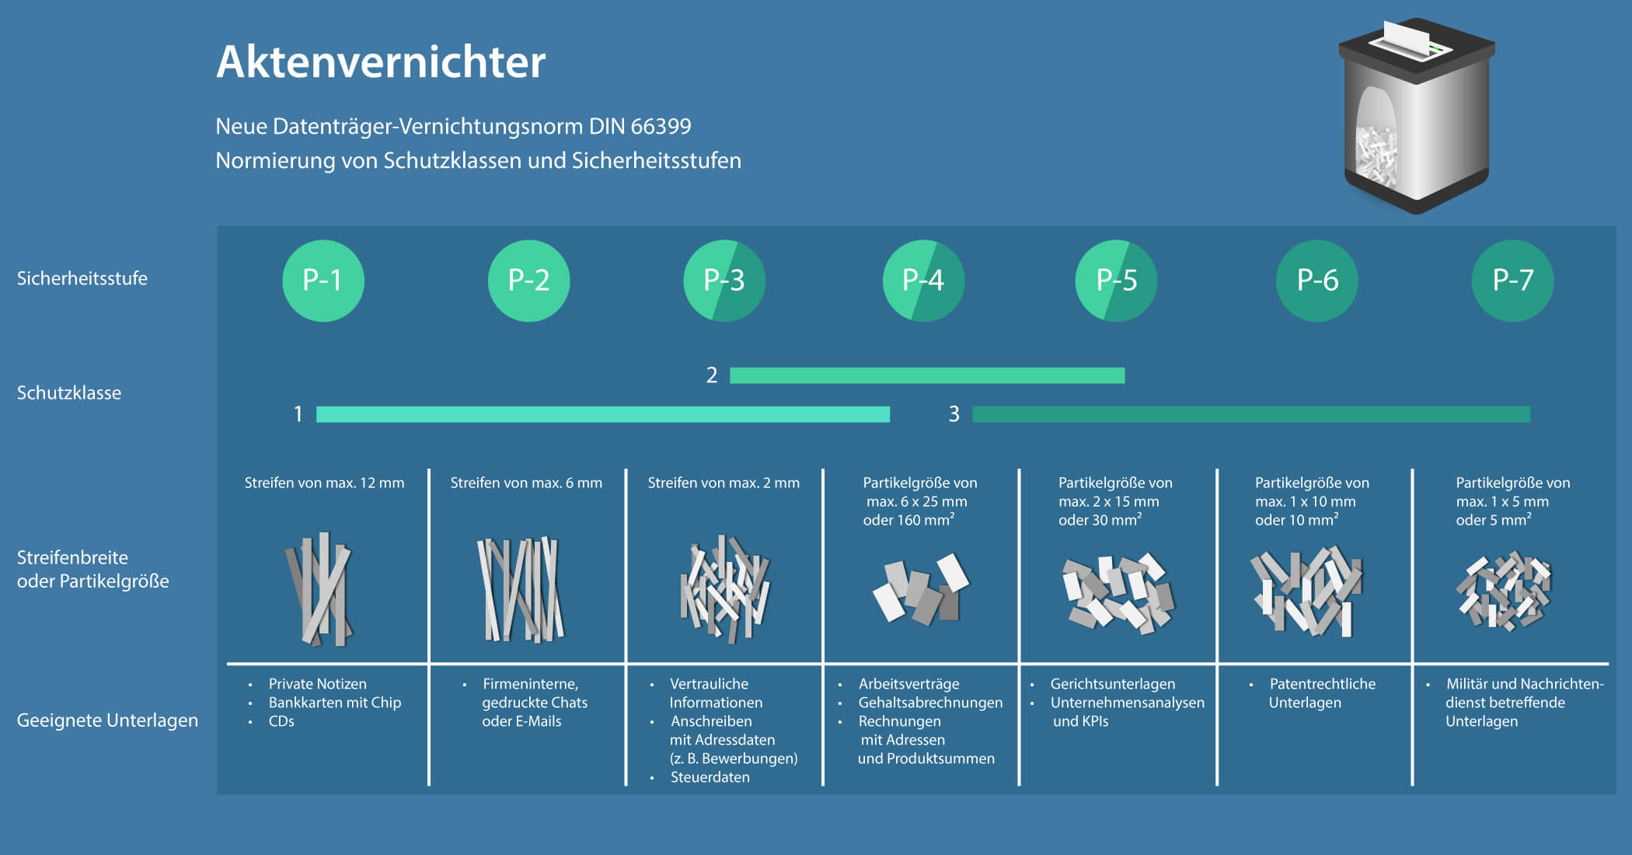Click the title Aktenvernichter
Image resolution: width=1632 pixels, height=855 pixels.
(381, 62)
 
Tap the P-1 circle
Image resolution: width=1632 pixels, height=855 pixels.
(323, 281)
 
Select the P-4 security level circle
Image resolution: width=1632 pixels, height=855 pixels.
(923, 281)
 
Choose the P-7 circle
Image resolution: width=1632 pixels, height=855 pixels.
(1512, 281)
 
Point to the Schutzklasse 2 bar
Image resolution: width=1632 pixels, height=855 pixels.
(927, 375)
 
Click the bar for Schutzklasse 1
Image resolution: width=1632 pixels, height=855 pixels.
(602, 414)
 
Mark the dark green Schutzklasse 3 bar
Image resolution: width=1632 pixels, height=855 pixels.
(1251, 414)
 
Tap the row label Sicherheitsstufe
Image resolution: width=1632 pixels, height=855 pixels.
(82, 278)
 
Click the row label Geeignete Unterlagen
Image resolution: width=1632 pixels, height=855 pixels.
(107, 721)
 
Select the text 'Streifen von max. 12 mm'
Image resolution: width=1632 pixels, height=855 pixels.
(324, 483)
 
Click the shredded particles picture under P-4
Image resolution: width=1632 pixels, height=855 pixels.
(920, 589)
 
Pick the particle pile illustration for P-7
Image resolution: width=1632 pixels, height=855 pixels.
(1503, 591)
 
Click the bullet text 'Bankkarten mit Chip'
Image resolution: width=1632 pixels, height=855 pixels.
(335, 703)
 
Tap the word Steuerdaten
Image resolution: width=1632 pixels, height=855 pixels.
(710, 777)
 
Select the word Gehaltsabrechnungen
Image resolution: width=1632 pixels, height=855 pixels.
(930, 703)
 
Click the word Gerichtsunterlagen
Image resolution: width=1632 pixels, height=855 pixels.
(1112, 684)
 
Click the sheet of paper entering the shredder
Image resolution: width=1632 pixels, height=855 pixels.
(1407, 35)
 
